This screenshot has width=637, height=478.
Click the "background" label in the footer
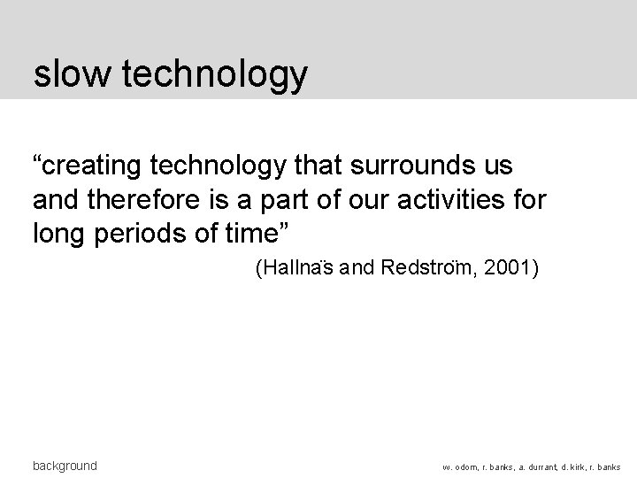(x=65, y=466)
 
